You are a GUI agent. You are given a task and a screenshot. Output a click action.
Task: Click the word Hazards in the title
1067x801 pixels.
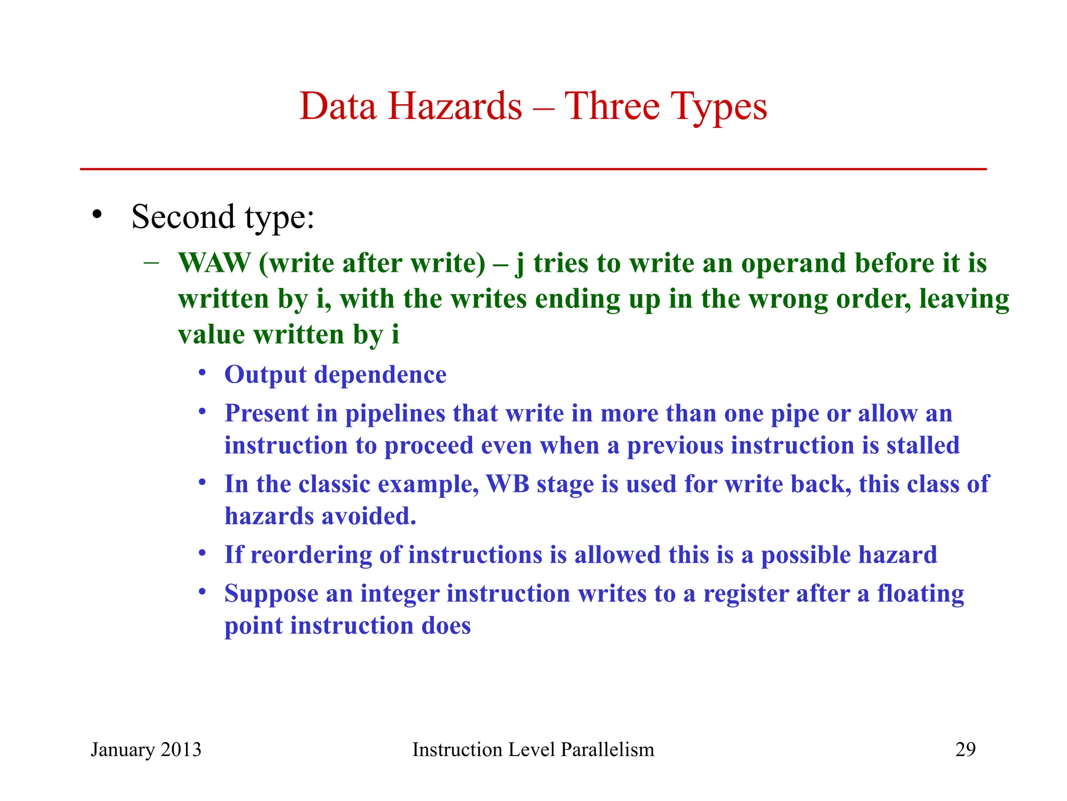[x=454, y=106]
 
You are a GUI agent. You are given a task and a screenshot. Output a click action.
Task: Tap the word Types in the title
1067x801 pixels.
[x=718, y=106]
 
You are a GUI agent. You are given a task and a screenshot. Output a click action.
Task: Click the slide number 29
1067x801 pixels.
[x=965, y=749]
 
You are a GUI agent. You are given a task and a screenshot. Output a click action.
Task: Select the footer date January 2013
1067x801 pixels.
[x=146, y=749]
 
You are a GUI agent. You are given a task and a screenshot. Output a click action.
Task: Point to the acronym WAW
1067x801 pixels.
[x=214, y=263]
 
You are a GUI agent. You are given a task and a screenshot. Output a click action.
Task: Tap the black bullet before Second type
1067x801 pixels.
[x=96, y=214]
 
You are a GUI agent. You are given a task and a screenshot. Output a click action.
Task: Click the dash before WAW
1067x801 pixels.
[x=151, y=262]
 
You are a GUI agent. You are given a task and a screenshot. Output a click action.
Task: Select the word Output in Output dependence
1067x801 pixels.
[x=265, y=374]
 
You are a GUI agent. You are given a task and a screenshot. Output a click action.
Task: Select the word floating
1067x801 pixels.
[x=920, y=593]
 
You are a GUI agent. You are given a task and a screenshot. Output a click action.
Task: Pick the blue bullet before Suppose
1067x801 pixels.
[x=203, y=592]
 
